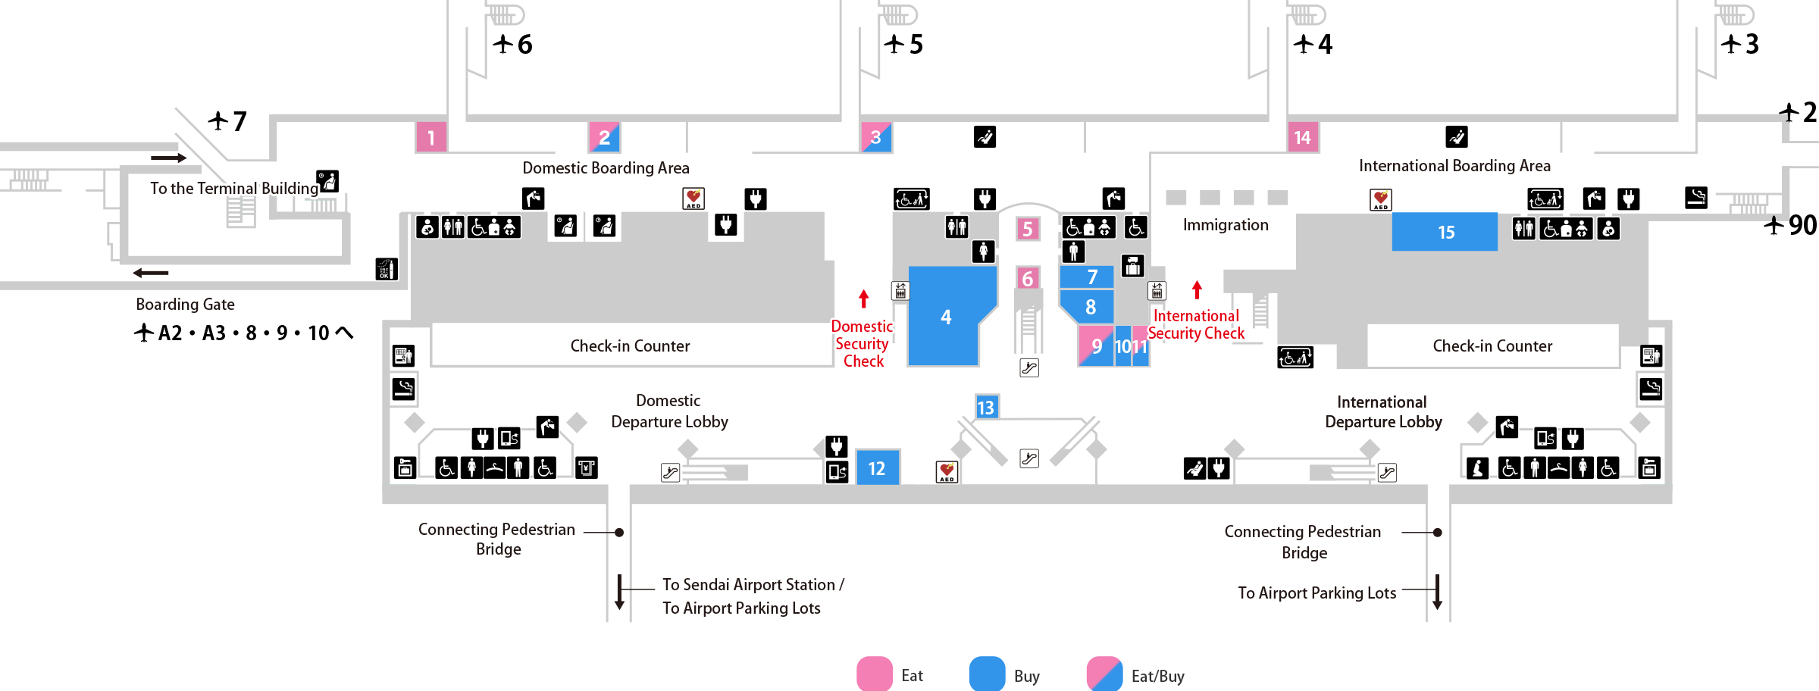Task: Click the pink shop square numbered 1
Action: click(x=430, y=137)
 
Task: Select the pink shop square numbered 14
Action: click(x=1302, y=137)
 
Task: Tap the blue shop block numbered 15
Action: click(x=1445, y=232)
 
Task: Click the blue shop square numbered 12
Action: click(x=877, y=468)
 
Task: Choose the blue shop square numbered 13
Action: click(x=985, y=408)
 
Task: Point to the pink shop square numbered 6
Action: click(x=1027, y=279)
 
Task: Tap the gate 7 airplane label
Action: click(x=228, y=121)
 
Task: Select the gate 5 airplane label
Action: click(x=903, y=44)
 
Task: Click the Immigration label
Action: click(x=1226, y=225)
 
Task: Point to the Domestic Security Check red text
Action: click(x=863, y=343)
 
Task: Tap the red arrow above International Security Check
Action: click(x=1197, y=289)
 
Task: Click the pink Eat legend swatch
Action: click(x=874, y=674)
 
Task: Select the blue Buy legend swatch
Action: click(x=987, y=674)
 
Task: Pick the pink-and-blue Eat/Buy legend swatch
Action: click(x=1104, y=674)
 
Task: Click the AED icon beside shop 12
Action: click(x=947, y=472)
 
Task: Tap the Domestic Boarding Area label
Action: click(x=606, y=168)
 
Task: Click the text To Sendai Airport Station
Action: click(x=749, y=585)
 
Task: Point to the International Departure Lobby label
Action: click(x=1383, y=412)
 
